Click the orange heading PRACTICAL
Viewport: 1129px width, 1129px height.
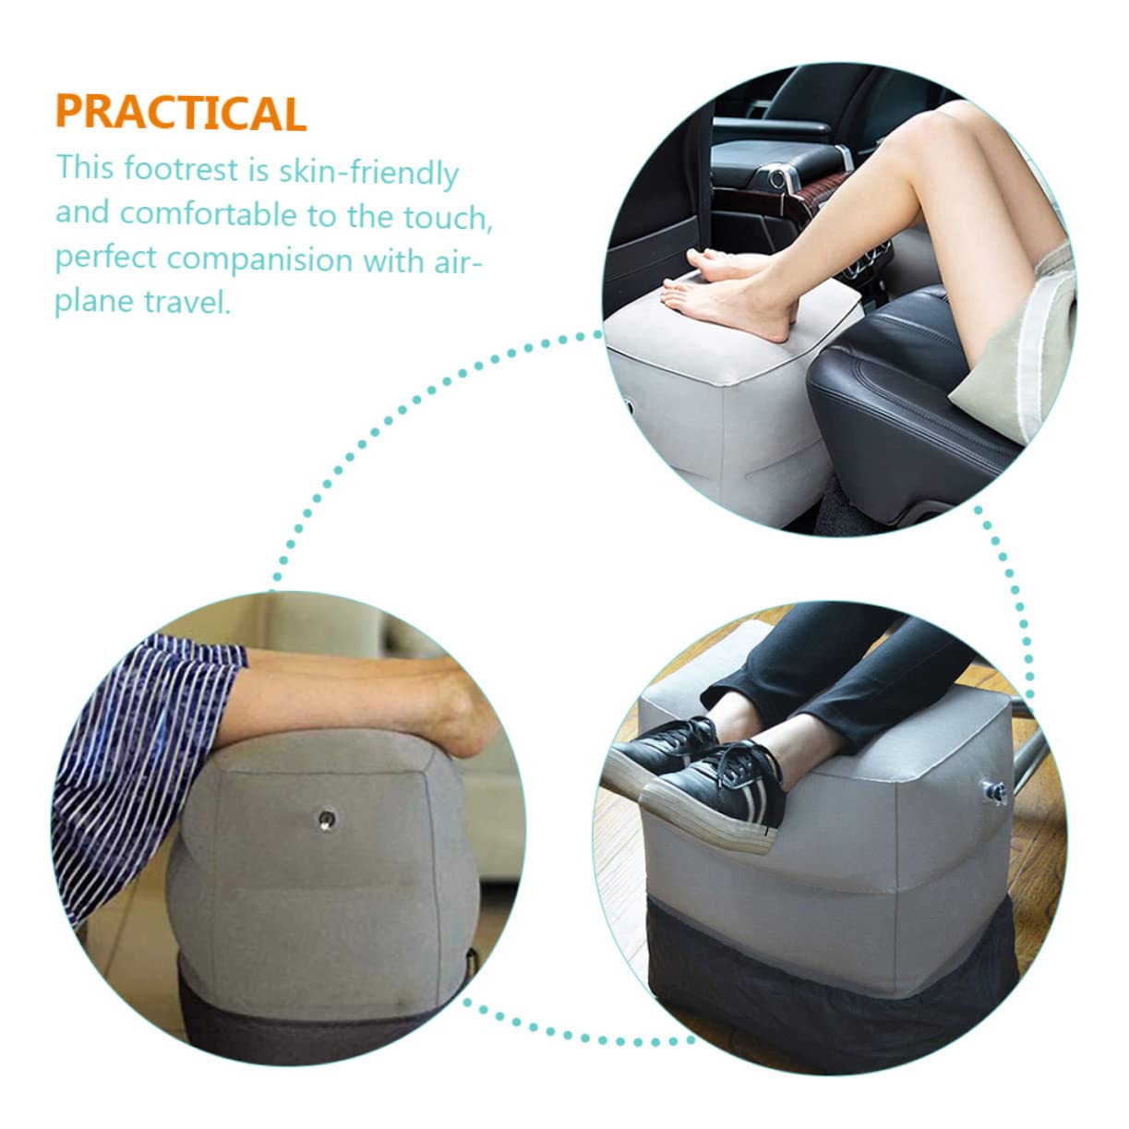(x=180, y=113)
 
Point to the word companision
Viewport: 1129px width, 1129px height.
(x=260, y=258)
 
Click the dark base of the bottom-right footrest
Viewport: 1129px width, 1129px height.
(x=831, y=969)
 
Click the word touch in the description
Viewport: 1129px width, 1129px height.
(x=447, y=217)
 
